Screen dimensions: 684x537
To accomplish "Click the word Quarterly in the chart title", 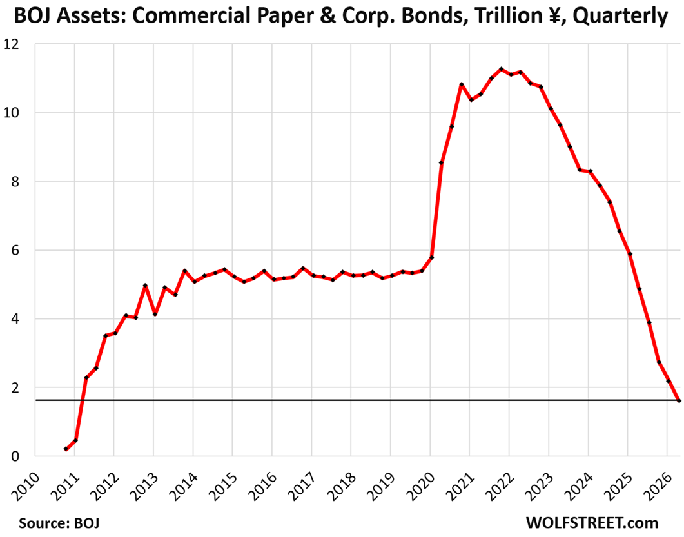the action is [x=620, y=17].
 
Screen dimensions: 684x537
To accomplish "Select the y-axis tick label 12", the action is [x=12, y=44].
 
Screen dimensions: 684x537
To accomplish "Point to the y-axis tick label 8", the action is [x=15, y=182].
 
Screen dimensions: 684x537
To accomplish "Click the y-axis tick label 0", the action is [x=15, y=456].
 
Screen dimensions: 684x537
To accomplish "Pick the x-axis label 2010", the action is [x=26, y=486].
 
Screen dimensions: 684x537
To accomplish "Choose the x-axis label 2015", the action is [x=223, y=486].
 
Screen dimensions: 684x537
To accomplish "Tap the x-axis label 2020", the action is [x=421, y=486].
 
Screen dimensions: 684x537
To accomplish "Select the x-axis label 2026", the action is [x=658, y=486].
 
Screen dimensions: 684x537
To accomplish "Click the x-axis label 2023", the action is [x=540, y=486].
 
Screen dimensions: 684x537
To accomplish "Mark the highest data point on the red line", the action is [x=501, y=69].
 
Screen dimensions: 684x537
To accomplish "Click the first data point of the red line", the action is [x=66, y=449].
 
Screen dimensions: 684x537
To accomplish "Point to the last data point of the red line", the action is [x=679, y=400].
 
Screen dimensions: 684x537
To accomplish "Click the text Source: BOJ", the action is [x=59, y=523].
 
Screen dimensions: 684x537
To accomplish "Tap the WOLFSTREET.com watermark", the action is [x=592, y=523].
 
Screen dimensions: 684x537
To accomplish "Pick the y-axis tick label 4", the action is [x=15, y=319].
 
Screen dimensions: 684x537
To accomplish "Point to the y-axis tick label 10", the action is [x=12, y=113].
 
